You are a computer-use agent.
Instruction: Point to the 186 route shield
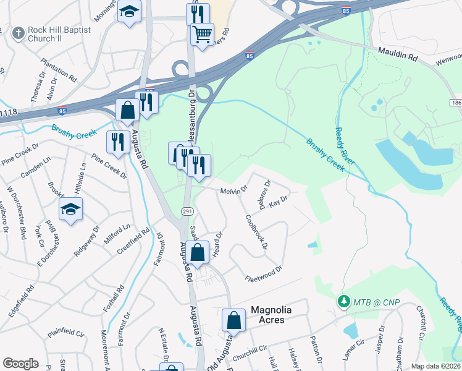coord(456,101)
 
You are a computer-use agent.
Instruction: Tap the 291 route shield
coord(186,211)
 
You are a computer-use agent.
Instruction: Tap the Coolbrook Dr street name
coord(256,231)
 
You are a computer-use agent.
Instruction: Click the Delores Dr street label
coord(266,195)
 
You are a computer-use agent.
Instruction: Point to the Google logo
coord(20,364)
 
